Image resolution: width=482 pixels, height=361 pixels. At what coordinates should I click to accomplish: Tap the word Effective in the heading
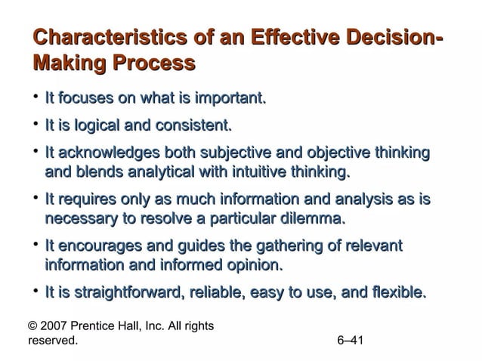point(288,36)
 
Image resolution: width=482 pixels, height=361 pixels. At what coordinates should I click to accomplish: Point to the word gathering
point(284,246)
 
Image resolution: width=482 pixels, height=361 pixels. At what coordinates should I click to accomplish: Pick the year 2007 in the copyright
point(54,326)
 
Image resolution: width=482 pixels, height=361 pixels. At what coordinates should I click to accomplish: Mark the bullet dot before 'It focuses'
point(35,98)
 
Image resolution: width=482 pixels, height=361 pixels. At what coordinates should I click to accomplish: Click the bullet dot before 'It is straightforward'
point(35,291)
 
